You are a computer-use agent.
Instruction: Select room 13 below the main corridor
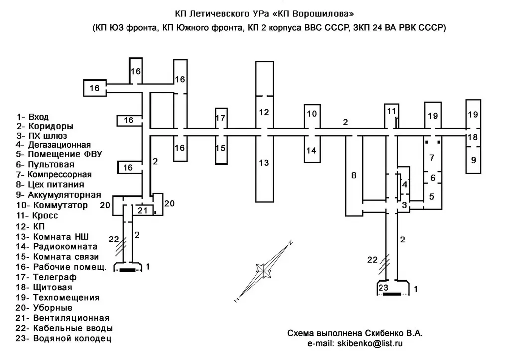265,168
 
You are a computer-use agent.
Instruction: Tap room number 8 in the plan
354,176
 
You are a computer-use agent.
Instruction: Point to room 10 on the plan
312,116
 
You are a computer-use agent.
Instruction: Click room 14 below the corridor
312,149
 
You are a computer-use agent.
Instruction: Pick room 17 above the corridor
221,118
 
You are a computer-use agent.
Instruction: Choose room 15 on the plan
221,150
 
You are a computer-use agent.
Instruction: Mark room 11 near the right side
391,116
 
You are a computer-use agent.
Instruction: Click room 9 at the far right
473,160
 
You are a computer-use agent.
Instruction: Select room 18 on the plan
473,137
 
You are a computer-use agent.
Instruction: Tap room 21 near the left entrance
143,210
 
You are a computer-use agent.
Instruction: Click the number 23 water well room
393,288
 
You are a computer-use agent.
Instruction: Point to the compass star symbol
263,270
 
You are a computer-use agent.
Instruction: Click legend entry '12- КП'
31,227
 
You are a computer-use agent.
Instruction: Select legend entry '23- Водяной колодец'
64,338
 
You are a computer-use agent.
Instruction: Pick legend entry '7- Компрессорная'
54,175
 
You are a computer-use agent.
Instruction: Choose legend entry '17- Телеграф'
46,277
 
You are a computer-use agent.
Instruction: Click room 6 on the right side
433,178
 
